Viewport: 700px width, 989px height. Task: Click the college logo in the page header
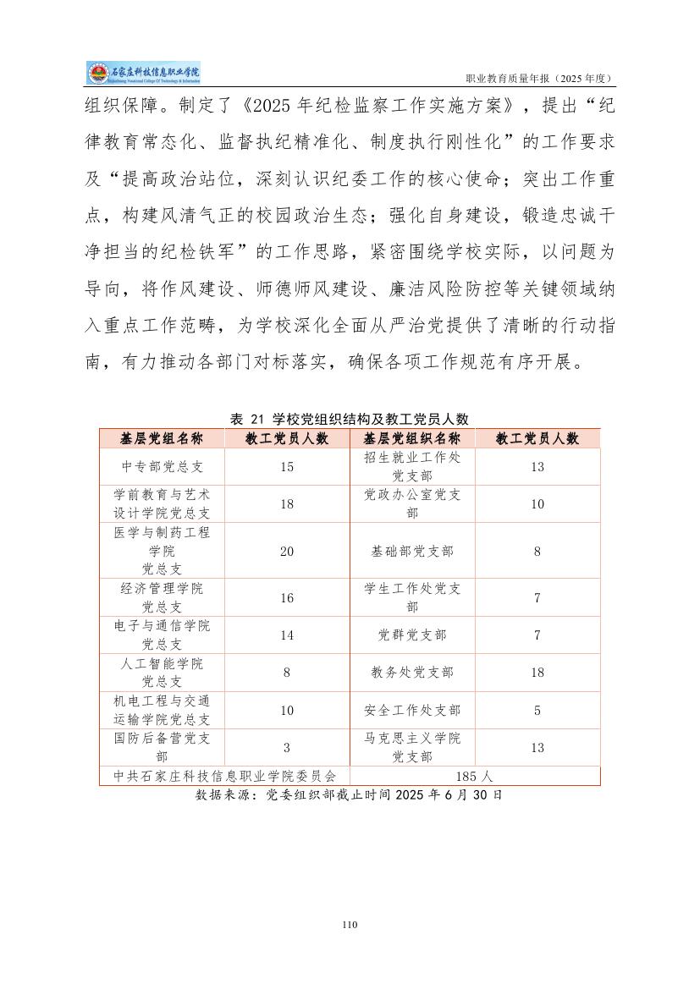tap(143, 74)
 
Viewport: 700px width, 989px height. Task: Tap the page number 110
tap(350, 925)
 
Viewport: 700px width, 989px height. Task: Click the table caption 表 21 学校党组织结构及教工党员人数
tap(350, 419)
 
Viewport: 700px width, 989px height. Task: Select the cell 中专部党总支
tap(162, 466)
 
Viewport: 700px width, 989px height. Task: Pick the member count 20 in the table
tap(287, 551)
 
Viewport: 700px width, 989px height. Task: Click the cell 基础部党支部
tap(412, 551)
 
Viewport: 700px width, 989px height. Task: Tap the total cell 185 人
tap(475, 775)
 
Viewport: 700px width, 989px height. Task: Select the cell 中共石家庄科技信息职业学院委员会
tap(225, 775)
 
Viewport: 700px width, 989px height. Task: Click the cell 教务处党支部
tap(412, 672)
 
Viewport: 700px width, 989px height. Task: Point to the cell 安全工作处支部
tap(412, 710)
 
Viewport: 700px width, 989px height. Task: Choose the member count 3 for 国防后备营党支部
tap(287, 747)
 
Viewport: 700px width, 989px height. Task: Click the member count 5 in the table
tap(537, 710)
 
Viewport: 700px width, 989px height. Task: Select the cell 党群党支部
tap(412, 635)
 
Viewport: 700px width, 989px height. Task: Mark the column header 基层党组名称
tap(162, 438)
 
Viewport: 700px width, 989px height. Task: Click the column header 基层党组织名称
tap(412, 438)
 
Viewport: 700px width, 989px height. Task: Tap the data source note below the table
tap(349, 795)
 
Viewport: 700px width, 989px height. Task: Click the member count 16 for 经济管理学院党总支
tap(287, 597)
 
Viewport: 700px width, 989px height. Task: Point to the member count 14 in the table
tap(287, 635)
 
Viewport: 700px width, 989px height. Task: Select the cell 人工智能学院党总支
tap(162, 672)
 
